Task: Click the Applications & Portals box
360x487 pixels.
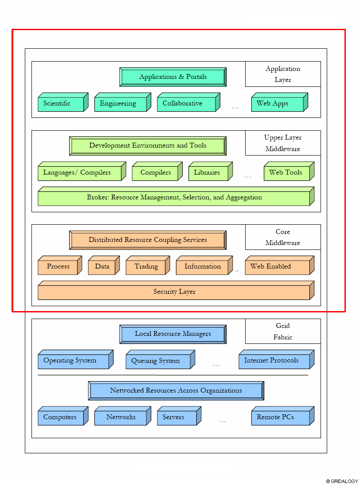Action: [173, 77]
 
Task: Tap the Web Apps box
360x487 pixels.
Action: [277, 104]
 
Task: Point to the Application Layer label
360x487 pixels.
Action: [283, 74]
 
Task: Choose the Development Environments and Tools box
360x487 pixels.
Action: [148, 146]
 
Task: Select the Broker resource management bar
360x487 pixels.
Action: [174, 198]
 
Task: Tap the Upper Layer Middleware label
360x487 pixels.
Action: [283, 143]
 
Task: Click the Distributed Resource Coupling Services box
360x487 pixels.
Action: [148, 240]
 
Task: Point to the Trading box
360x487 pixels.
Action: [146, 267]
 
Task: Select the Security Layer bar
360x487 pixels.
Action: [174, 292]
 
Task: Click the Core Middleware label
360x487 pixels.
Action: [283, 237]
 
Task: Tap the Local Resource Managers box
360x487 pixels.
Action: [173, 334]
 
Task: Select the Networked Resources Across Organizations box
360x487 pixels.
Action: [176, 391]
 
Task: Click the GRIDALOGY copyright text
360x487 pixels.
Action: [342, 481]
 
